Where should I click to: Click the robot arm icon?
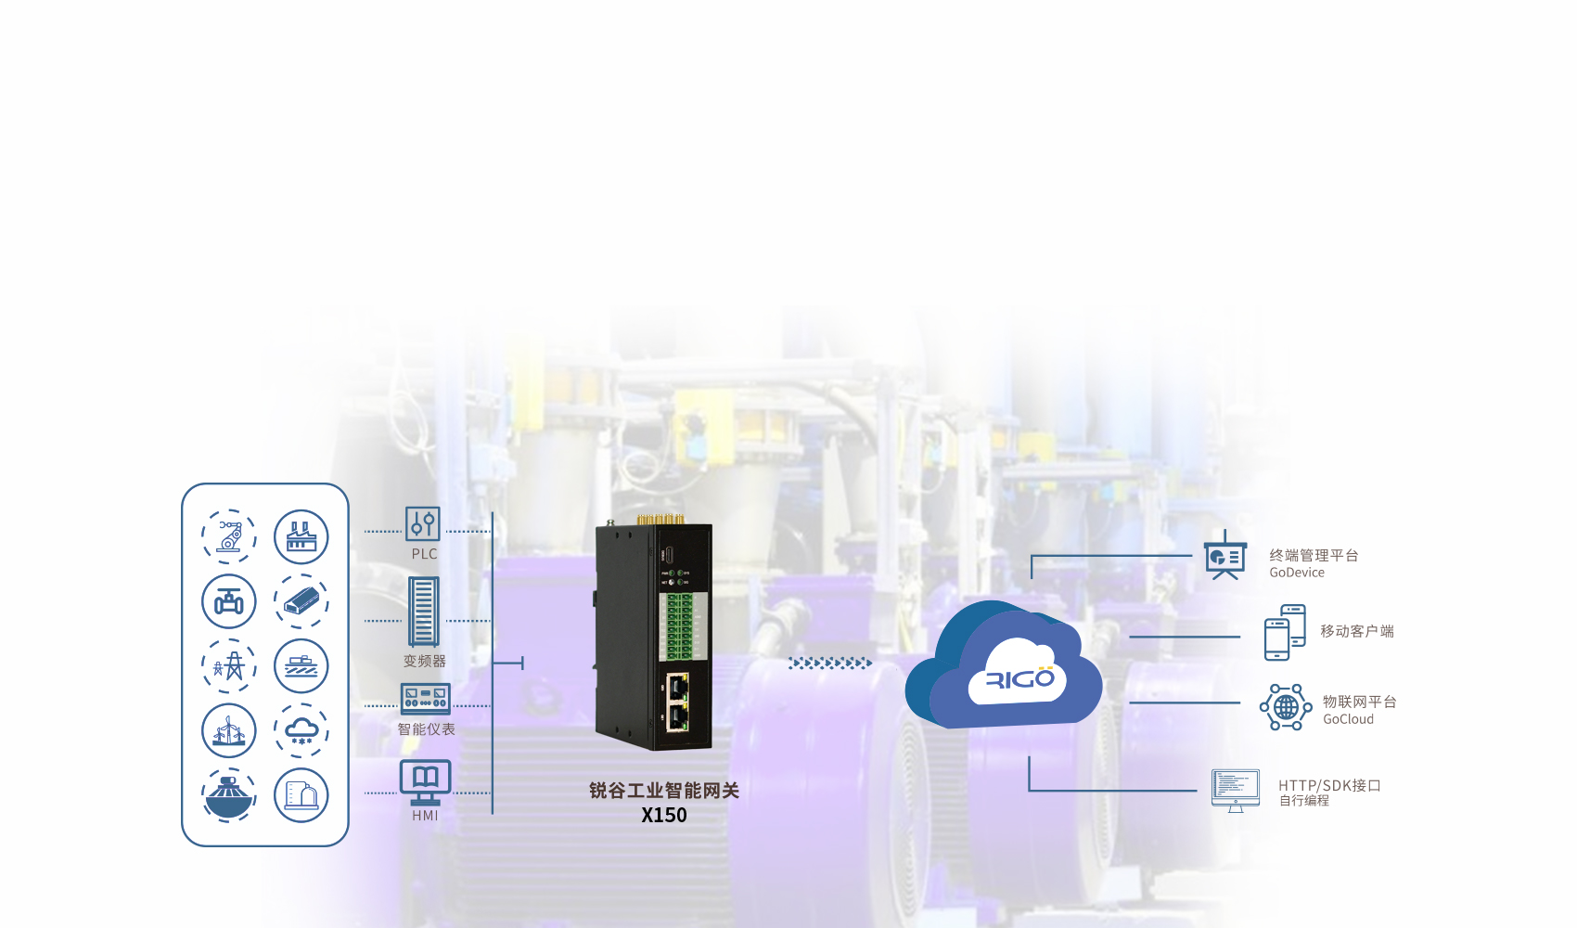tap(229, 536)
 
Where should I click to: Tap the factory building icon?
tap(301, 536)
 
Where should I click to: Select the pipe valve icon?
tap(229, 601)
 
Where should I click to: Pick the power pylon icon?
tap(229, 666)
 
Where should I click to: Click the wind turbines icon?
tap(229, 731)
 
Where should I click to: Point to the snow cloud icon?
tap(301, 731)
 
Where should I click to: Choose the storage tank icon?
tap(301, 795)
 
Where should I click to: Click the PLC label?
tap(425, 554)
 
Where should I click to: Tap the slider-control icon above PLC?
tap(423, 523)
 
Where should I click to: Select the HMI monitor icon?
tap(425, 782)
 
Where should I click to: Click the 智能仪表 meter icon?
tap(425, 699)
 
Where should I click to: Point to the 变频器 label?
tap(425, 661)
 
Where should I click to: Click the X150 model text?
tap(664, 816)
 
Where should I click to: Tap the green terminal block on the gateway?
tap(679, 626)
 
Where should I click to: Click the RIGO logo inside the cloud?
tap(1019, 678)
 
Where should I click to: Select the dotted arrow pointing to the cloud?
tap(831, 663)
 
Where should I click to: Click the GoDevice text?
tap(1297, 574)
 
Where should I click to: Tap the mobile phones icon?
tap(1285, 632)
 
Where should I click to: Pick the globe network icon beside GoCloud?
tap(1286, 707)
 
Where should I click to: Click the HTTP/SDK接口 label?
tap(1330, 785)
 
